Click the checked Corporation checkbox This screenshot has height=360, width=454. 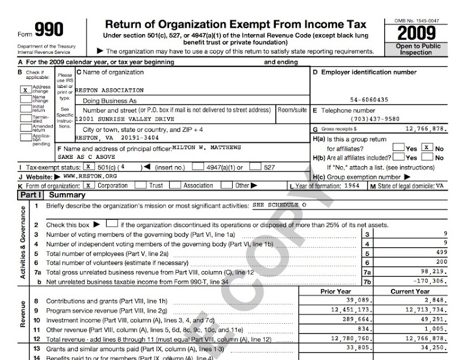tap(88, 185)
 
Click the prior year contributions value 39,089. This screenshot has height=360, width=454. tap(357, 300)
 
